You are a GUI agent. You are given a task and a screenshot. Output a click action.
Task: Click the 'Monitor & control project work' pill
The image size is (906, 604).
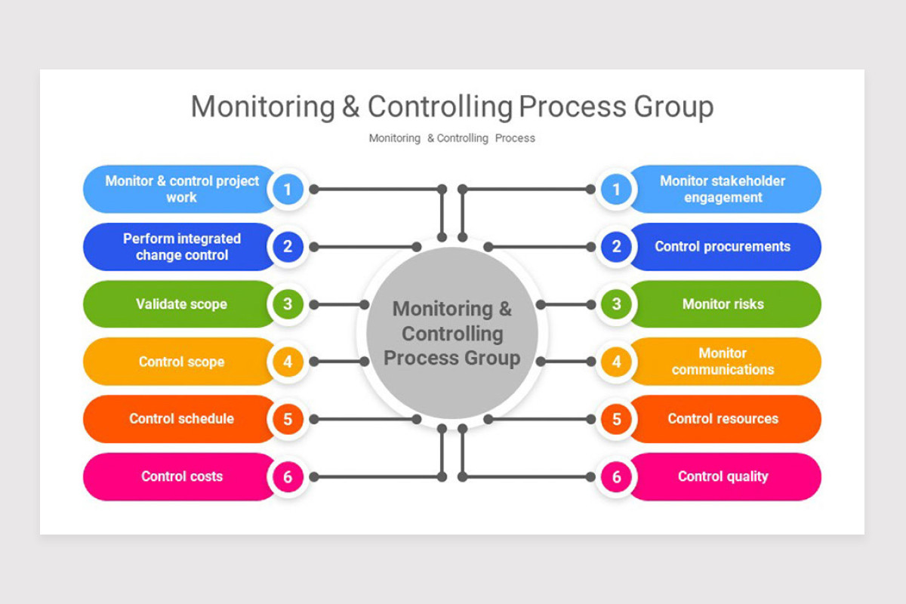point(181,190)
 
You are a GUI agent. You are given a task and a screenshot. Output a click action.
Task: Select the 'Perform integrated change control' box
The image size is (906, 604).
point(181,247)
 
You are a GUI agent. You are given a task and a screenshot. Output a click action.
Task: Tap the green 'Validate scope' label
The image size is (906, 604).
point(181,304)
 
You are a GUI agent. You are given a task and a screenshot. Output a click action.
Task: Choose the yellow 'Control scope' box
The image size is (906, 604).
point(181,362)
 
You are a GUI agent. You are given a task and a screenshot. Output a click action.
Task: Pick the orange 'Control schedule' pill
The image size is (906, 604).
point(181,419)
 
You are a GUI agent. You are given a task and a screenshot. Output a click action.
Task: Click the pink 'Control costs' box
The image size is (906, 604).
point(181,476)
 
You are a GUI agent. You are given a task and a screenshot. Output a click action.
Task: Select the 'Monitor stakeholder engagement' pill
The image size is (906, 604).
point(723,190)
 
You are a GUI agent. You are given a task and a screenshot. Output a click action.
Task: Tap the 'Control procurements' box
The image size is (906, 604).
point(723,247)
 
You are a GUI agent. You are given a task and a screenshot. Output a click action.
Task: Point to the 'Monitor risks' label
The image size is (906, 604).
point(723,304)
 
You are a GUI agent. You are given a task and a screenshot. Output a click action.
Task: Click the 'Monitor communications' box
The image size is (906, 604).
point(723,362)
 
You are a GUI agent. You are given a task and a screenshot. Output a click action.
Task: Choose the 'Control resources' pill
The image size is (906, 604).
point(723,419)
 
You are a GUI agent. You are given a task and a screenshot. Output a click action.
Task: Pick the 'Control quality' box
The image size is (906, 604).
point(723,476)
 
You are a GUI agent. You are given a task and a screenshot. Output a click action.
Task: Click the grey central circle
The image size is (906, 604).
point(452,333)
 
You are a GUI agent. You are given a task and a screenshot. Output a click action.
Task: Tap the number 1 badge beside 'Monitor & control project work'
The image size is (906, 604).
point(288,190)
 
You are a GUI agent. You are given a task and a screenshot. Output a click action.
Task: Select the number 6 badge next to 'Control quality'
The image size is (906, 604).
point(617,476)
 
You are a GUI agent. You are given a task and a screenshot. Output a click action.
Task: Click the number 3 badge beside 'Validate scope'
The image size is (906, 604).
point(288,304)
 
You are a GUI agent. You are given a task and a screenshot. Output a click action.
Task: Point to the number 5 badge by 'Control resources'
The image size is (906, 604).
point(617,419)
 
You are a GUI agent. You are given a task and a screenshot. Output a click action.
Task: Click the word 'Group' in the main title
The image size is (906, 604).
point(673,107)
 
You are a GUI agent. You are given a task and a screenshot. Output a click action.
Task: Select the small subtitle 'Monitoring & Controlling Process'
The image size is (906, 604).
point(451,138)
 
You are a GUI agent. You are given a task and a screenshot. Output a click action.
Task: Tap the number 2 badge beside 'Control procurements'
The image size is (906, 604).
point(617,247)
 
